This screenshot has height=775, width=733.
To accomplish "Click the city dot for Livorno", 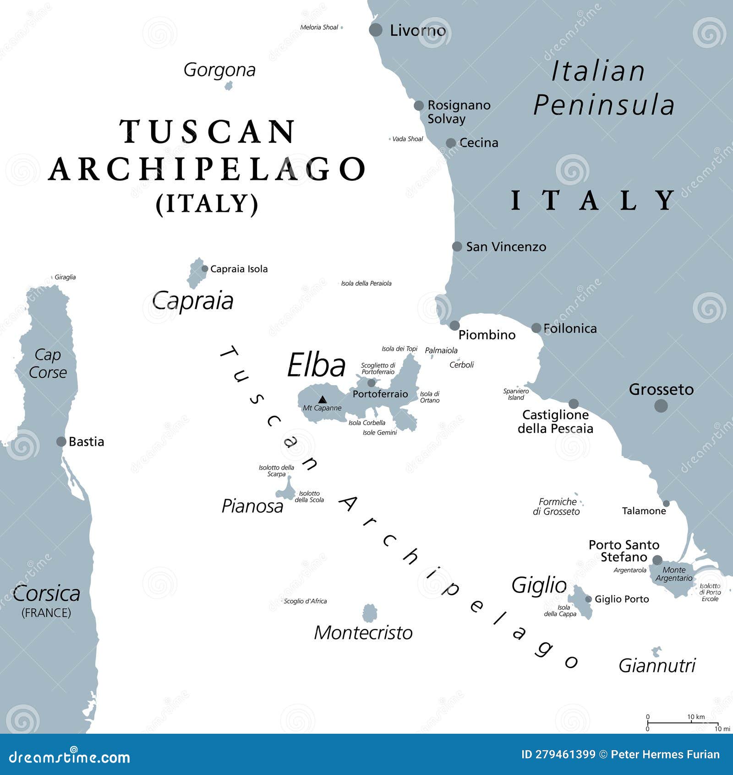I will click(376, 30).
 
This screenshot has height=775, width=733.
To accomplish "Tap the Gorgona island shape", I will click(229, 86).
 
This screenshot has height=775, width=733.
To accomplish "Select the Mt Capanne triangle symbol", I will click(323, 399).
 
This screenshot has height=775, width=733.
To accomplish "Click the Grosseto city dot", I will click(661, 405).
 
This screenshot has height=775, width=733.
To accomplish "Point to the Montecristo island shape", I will click(370, 613).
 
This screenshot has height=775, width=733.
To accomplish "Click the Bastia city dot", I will click(61, 442).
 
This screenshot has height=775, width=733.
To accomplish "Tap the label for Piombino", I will click(487, 335).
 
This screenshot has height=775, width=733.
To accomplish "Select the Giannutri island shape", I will click(656, 652).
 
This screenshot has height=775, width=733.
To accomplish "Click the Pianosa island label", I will click(252, 506).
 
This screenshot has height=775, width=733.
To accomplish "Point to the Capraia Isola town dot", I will click(205, 269).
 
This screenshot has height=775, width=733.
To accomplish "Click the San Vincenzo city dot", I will click(457, 247).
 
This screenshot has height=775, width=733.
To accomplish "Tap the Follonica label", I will click(570, 328).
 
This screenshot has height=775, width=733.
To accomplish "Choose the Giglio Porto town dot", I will click(588, 599).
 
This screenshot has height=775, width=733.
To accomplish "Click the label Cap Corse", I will click(48, 364).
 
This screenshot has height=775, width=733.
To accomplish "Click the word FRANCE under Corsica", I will click(46, 613).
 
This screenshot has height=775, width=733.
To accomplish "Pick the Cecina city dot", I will click(451, 143).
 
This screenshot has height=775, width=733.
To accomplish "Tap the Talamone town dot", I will click(666, 504).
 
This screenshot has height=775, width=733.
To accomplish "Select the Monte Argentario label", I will click(674, 574).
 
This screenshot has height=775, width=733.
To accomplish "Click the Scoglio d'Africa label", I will click(305, 601).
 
